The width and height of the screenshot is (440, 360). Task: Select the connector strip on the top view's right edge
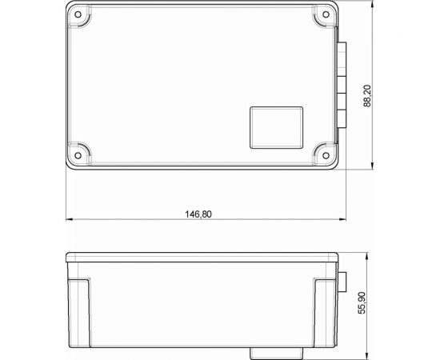click(341, 84)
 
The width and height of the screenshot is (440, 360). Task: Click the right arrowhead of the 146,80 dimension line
click(339, 219)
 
